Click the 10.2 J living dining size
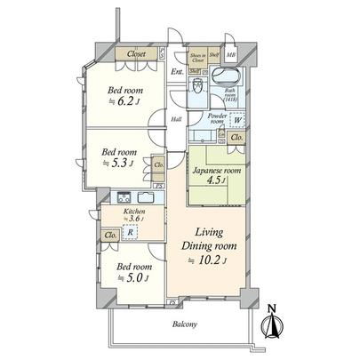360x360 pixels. tap(209, 260)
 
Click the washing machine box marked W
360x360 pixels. tap(236, 122)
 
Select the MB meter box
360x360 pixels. tap(230, 54)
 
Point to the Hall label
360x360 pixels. tap(176, 119)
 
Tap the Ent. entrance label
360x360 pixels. tap(177, 72)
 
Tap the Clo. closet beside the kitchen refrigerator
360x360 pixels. tap(110, 235)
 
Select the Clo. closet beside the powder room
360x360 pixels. tap(236, 138)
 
